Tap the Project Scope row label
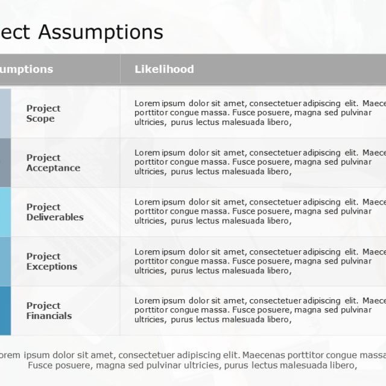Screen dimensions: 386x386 [43, 113]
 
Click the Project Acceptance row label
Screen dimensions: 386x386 [53, 163]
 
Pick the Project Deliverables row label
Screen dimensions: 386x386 [55, 212]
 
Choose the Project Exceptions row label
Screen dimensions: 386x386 [52, 262]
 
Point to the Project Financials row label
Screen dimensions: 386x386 [49, 311]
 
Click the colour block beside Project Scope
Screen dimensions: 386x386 [5, 113]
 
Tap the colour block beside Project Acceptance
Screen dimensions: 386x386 [5, 162]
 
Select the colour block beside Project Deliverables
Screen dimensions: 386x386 [5, 212]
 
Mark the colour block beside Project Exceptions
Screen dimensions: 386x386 [5, 261]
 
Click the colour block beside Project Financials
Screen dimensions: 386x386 [5, 311]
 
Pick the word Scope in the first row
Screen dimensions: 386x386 [40, 119]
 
